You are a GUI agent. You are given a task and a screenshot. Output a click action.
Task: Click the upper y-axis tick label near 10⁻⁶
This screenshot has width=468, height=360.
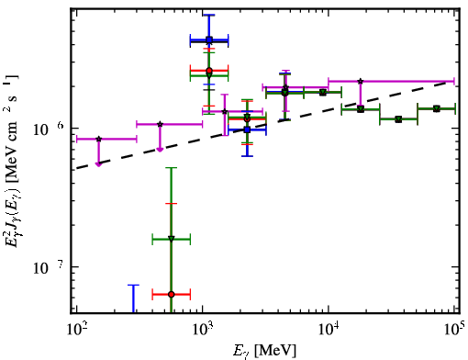pyautogui.click(x=48, y=129)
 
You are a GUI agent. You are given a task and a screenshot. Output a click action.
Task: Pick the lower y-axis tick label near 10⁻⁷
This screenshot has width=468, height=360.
pyautogui.click(x=48, y=268)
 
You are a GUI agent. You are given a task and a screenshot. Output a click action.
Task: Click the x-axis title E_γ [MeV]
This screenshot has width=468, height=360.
pyautogui.click(x=264, y=351)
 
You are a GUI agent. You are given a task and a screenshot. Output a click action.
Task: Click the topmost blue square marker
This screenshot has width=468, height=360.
pyautogui.click(x=209, y=39)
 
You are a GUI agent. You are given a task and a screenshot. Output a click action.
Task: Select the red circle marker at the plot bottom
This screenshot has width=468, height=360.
pyautogui.click(x=172, y=294)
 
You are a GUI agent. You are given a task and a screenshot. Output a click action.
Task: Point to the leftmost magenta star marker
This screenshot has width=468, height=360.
pyautogui.click(x=98, y=139)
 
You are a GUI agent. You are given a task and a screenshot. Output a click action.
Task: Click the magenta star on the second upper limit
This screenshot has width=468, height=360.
pyautogui.click(x=160, y=124)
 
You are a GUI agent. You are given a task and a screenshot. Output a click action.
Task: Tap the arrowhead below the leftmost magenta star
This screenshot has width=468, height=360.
pyautogui.click(x=98, y=164)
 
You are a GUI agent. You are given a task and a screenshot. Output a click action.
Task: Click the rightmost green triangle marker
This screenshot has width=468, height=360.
pyautogui.click(x=437, y=108)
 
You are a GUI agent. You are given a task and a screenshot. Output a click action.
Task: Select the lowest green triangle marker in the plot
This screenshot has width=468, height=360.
pyautogui.click(x=172, y=239)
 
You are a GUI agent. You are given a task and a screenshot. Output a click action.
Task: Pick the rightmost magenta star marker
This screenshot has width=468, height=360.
pyautogui.click(x=361, y=81)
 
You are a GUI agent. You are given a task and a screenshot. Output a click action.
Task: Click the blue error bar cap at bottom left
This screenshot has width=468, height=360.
pyautogui.click(x=133, y=285)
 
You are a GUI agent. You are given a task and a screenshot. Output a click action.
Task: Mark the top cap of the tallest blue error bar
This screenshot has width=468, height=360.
pyautogui.click(x=209, y=15)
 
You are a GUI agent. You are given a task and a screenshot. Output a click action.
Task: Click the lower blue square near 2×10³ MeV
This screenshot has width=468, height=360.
pyautogui.click(x=247, y=129)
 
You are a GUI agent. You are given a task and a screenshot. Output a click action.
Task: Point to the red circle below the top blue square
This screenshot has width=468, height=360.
pyautogui.click(x=209, y=71)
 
